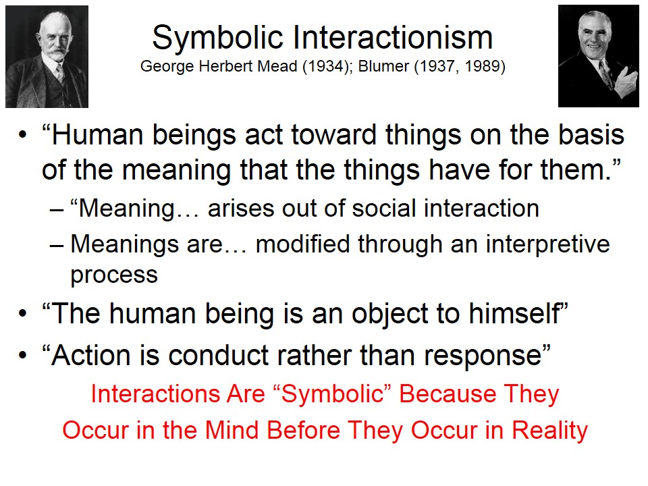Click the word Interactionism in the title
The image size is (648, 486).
tap(393, 37)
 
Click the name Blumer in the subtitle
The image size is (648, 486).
tap(384, 66)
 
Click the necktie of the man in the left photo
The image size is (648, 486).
tap(60, 74)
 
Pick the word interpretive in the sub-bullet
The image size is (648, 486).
tap(547, 244)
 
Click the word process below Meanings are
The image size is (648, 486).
tap(114, 275)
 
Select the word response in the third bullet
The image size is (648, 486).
tap(483, 356)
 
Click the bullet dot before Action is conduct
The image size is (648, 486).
tap(22, 356)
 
